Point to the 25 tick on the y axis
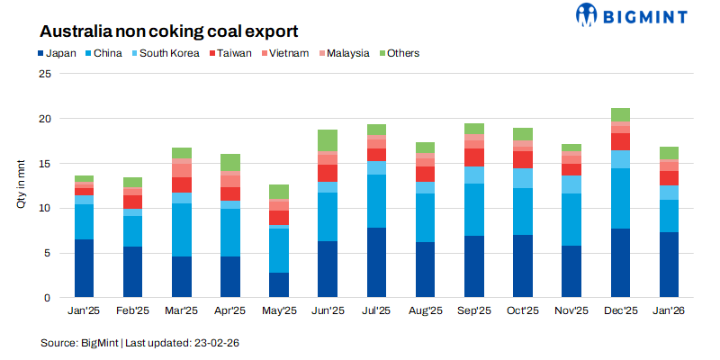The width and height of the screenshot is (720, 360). point(45,74)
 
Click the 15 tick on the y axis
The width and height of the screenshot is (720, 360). point(45,164)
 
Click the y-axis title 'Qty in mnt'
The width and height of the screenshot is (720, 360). point(21,184)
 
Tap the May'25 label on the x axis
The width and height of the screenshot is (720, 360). point(279,310)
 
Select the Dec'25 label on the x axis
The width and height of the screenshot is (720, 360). point(620,310)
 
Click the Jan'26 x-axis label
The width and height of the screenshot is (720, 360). point(669,310)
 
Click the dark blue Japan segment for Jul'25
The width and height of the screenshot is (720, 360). point(376,263)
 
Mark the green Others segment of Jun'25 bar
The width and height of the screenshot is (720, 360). point(328,140)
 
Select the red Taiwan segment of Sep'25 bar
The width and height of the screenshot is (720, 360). point(474,157)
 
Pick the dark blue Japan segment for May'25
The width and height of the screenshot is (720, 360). point(279,285)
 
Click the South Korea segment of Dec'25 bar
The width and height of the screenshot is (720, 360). point(620,159)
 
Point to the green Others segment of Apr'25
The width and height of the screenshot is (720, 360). point(230,162)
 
